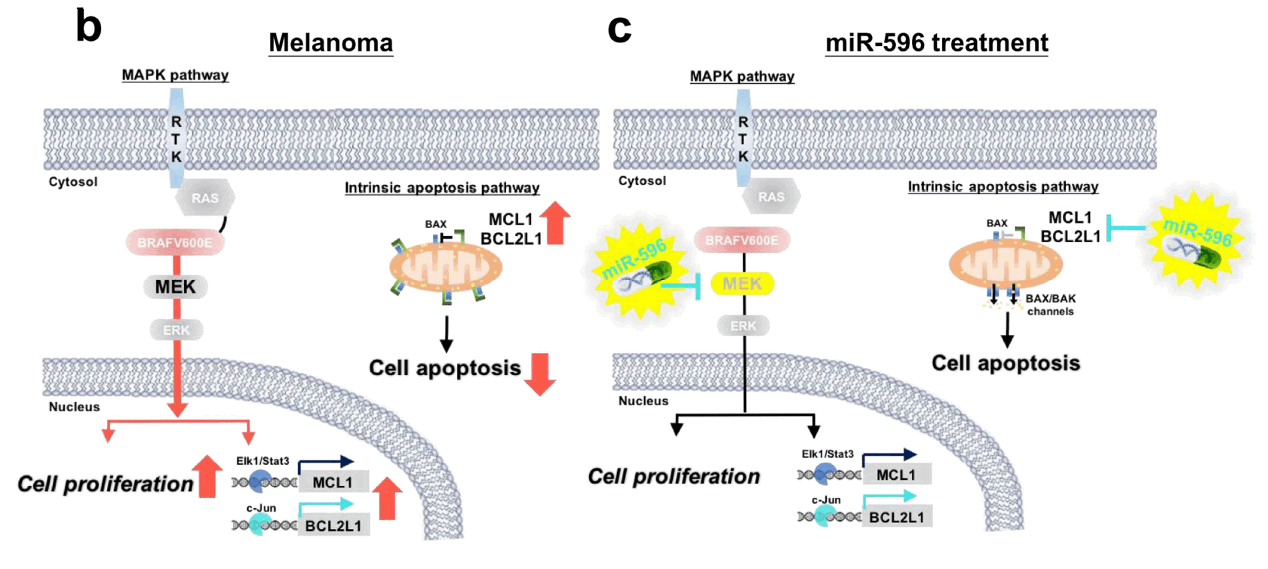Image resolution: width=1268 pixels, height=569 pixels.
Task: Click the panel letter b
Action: [88, 26]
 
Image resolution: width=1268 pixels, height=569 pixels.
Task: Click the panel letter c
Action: [619, 29]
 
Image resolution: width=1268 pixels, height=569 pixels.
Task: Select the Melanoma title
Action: [330, 43]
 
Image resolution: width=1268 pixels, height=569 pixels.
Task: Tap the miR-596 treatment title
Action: [936, 43]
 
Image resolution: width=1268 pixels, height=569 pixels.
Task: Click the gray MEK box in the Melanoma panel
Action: [175, 287]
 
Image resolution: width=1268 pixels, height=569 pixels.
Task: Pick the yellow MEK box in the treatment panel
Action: [742, 284]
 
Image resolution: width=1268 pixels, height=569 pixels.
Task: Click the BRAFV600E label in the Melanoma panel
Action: [174, 243]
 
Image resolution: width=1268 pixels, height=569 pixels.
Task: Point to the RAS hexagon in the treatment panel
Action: [771, 197]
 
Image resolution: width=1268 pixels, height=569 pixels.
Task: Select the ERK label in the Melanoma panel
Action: [177, 331]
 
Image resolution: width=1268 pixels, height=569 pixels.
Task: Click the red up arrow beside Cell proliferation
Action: [207, 476]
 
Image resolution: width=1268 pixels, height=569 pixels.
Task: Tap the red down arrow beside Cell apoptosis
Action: [539, 374]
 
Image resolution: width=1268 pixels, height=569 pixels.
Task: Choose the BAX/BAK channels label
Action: [1050, 305]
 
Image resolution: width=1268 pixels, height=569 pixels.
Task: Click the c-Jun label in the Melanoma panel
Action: [261, 508]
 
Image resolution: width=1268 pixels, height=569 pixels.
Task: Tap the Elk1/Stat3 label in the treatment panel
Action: [827, 454]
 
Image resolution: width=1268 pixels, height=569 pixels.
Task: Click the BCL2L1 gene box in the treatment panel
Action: [896, 517]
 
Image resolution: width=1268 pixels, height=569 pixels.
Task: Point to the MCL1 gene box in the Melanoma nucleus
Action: [333, 482]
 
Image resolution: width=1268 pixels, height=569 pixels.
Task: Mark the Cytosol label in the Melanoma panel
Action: [73, 182]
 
